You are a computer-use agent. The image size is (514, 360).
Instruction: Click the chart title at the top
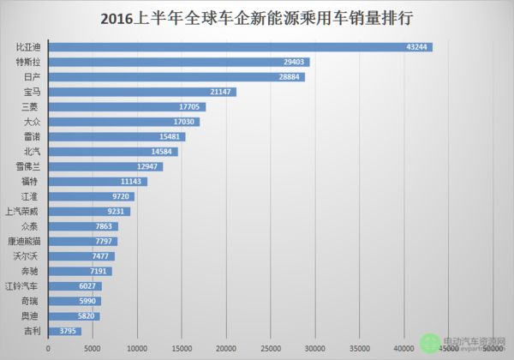point(257,17)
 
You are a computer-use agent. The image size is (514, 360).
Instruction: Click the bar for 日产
point(171,76)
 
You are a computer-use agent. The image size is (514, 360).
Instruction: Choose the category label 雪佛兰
point(27,166)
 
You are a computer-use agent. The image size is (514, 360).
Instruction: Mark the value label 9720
point(121,196)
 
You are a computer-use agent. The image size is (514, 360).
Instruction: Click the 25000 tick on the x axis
point(271,348)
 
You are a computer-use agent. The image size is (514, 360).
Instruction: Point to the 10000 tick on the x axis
point(137,348)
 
